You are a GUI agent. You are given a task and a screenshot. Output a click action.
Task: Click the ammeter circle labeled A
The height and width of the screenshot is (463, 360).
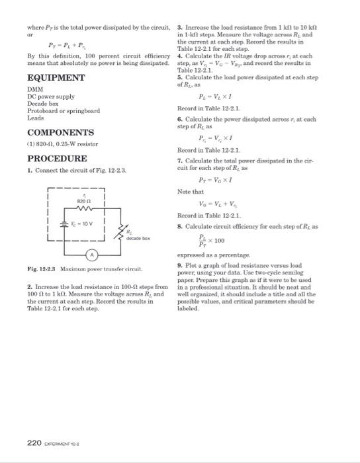(95, 255)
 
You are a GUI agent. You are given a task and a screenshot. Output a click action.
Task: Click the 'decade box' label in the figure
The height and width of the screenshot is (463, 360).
(140, 238)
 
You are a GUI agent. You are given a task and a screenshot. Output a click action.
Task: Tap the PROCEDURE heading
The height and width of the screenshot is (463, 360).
(57, 159)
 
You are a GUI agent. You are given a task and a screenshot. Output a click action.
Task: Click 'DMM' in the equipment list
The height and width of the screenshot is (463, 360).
(34, 89)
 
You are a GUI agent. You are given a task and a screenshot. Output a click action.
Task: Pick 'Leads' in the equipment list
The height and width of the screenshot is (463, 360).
(35, 118)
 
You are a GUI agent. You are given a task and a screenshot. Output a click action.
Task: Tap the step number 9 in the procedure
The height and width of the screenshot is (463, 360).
(179, 265)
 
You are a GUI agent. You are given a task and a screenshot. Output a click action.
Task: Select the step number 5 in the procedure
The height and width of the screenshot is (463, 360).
(179, 77)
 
